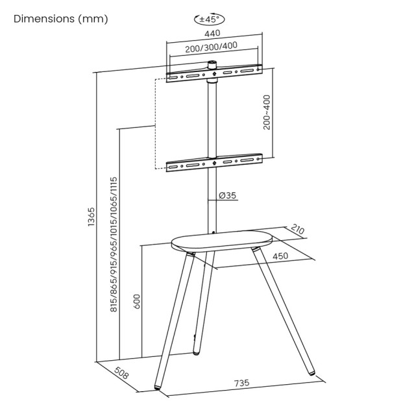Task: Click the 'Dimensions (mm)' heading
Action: click(61, 18)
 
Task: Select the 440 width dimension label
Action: click(213, 33)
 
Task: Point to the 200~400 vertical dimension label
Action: click(267, 112)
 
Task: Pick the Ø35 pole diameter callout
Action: click(227, 195)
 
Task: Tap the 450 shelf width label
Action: click(280, 256)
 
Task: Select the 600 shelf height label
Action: click(137, 302)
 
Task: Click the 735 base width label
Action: click(241, 384)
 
